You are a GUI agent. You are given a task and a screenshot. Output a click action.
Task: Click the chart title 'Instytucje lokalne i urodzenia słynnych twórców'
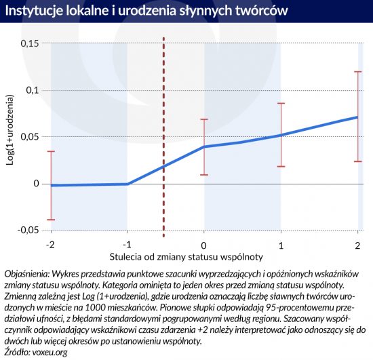pos(146,11)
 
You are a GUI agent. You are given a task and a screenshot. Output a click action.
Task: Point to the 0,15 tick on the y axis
pos(30,44)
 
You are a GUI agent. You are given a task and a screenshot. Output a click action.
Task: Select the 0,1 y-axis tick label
pos(33,90)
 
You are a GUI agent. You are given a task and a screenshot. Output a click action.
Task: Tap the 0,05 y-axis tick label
pos(30,137)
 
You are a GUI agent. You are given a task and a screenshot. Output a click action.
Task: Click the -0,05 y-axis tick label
pos(28,231)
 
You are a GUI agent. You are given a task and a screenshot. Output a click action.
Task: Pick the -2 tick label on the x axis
pos(50,245)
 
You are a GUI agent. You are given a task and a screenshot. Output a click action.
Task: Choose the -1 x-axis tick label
pos(127,245)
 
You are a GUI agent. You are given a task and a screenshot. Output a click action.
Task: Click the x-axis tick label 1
pos(281,245)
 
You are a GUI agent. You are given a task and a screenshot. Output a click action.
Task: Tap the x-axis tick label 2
pos(357,245)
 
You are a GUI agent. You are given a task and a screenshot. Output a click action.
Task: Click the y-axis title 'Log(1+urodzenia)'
pos(9,129)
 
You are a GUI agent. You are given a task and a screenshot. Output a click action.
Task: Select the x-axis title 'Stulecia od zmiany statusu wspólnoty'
pos(186,257)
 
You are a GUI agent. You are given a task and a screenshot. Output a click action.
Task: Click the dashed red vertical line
pos(163,137)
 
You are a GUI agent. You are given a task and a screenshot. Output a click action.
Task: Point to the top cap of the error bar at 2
pos(358,72)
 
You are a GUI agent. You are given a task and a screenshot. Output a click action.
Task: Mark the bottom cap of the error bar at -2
pos(51,220)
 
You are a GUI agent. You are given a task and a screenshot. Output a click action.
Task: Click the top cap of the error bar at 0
pos(204,119)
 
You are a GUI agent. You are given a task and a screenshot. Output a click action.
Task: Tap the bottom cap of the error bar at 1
pos(281,167)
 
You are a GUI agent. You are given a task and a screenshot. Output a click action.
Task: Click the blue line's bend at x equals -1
pos(127,184)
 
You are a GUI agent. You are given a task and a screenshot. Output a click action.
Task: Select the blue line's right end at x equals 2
pos(357,117)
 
